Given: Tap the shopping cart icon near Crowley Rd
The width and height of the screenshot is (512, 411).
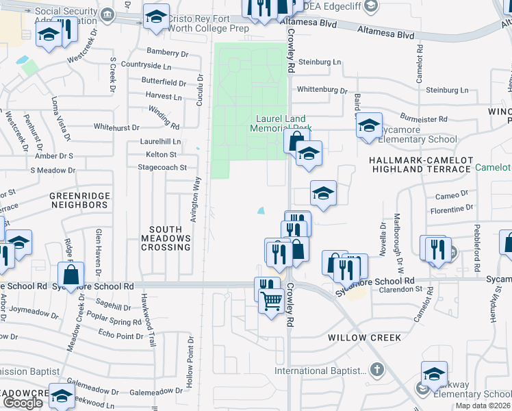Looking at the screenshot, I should click(x=272, y=299).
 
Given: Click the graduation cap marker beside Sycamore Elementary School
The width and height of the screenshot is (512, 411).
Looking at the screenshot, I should click(x=369, y=125).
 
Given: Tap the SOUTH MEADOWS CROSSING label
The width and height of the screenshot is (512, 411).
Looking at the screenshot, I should click(x=166, y=238).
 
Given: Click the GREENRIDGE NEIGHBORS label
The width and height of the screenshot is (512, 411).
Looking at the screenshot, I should click(x=79, y=200).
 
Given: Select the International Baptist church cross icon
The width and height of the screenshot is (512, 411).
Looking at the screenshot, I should click(x=376, y=370).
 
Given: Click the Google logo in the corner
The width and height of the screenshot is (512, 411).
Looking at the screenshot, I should click(x=23, y=403).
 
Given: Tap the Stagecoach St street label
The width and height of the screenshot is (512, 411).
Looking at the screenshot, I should click(x=162, y=167).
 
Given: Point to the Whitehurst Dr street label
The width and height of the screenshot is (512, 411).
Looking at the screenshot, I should click(x=116, y=127).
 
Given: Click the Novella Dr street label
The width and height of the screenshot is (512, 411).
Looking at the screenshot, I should click(x=383, y=239).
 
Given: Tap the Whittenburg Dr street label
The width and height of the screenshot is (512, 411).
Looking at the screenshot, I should click(x=322, y=90).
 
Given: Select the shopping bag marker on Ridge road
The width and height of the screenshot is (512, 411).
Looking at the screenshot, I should click(x=71, y=275).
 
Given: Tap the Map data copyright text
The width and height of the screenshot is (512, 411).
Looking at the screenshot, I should click(x=483, y=406).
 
